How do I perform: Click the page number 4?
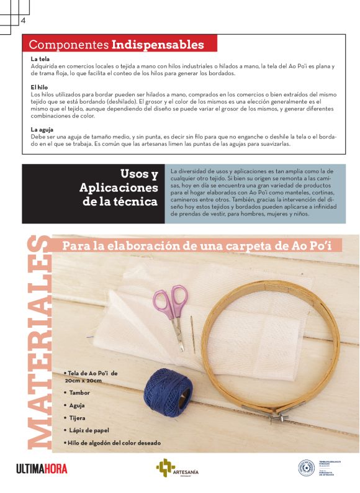(23, 20)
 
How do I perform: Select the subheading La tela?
(40, 59)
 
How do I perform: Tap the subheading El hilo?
(40, 88)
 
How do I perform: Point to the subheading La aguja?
(42, 129)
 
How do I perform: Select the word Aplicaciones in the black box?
(119, 188)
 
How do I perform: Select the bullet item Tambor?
(79, 392)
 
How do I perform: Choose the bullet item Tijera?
(78, 418)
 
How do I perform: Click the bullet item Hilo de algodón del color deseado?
(114, 443)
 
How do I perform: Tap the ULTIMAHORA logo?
(42, 469)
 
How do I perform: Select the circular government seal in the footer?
(306, 468)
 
